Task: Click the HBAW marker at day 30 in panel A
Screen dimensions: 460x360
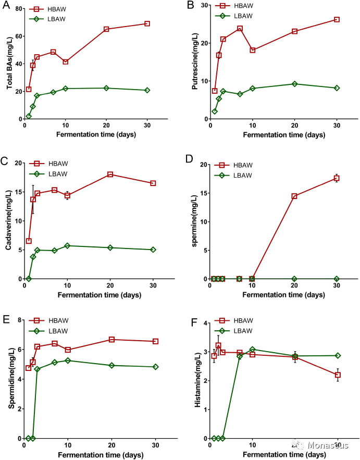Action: [x=147, y=24]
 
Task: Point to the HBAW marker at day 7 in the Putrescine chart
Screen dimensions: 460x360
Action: [x=240, y=29]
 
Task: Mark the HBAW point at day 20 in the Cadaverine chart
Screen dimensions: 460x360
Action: [x=110, y=175]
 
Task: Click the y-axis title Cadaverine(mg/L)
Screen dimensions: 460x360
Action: [x=9, y=221]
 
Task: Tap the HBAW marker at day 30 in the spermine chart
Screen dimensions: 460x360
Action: [x=337, y=178]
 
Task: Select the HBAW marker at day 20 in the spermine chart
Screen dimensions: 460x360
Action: [x=294, y=196]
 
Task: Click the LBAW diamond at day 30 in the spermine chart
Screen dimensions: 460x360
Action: [x=337, y=279]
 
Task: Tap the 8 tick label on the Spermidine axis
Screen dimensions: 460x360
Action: [x=19, y=320]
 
